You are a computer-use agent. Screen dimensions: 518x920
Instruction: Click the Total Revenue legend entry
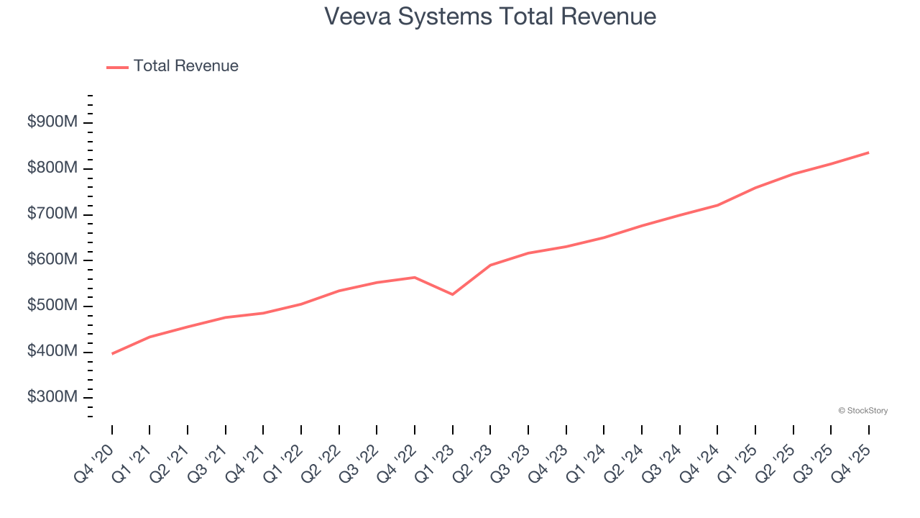185,66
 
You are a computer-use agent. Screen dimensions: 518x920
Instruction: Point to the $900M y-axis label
52,122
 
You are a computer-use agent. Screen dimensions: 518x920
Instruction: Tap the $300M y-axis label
52,397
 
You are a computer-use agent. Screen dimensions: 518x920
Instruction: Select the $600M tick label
52,260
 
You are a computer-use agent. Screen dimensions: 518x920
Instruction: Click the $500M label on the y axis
52,306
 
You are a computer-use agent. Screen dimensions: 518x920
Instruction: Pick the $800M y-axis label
52,168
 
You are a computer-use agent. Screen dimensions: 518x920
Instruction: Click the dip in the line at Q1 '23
452,294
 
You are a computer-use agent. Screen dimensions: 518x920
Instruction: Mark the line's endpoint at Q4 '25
868,153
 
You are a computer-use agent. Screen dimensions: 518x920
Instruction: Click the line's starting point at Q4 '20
112,353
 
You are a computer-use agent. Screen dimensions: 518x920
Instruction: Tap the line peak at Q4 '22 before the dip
415,277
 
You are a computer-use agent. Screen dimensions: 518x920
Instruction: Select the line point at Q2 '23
490,265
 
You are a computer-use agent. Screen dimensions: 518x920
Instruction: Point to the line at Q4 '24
717,205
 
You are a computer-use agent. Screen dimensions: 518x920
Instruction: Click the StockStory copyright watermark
862,411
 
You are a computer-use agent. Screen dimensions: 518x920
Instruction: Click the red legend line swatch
117,67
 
